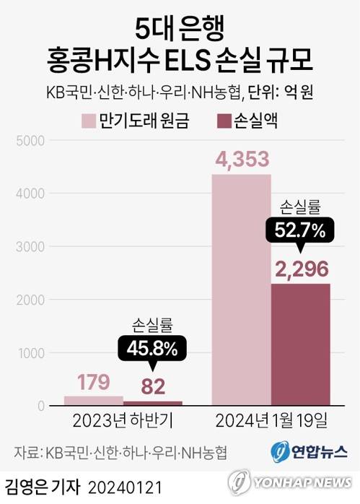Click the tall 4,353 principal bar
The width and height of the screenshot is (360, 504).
tap(241, 289)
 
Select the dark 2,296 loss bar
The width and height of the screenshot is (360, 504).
tap(301, 343)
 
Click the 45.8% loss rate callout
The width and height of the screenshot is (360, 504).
tap(152, 349)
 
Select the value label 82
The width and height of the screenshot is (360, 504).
tap(153, 387)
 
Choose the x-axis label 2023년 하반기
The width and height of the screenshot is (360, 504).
tap(122, 420)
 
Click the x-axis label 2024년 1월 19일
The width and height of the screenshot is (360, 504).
tap(270, 420)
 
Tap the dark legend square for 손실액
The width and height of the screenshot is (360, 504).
tap(224, 120)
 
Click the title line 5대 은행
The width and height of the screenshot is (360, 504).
tap(180, 27)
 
